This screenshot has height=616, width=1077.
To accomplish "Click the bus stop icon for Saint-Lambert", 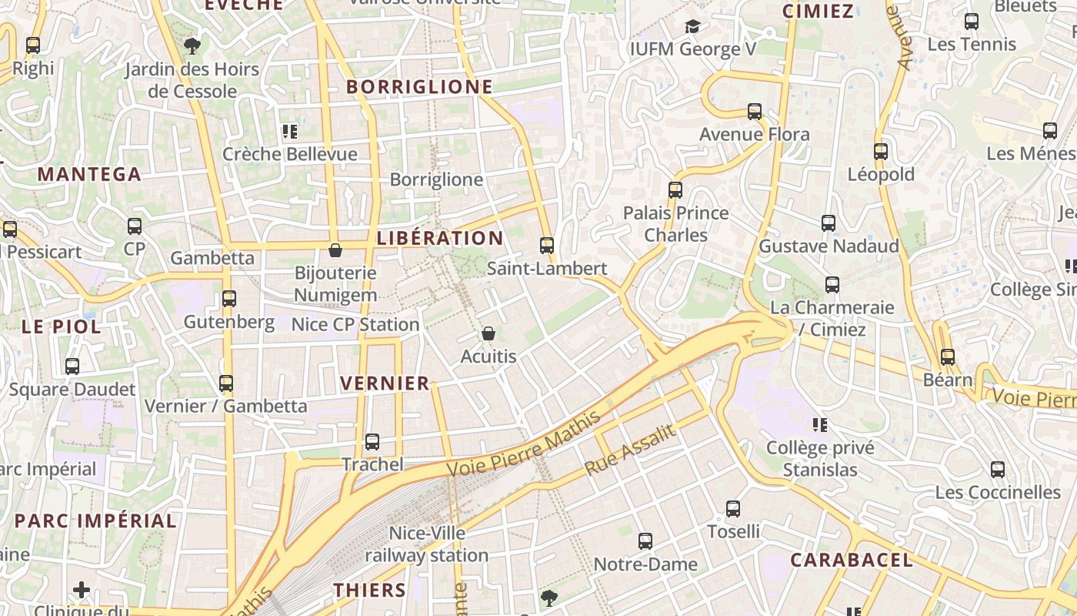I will pos(547,246).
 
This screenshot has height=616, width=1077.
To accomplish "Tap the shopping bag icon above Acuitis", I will pos(488,333).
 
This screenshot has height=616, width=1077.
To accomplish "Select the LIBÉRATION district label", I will pos(440,238).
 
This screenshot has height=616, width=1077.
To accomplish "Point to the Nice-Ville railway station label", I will pos(426,544).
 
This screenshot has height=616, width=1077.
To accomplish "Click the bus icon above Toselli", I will pos(733,508).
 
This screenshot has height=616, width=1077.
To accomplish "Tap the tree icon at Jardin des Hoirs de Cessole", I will pos(192,46).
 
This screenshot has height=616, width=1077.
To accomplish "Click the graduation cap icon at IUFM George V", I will pos(692,27).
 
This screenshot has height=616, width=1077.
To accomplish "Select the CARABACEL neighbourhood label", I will pos(852,560).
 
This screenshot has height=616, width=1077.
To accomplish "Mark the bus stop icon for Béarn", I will pos(947,357).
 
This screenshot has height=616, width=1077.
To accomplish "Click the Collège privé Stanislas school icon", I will pos(820,424).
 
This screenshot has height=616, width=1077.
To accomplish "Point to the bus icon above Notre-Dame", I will pos(645,541).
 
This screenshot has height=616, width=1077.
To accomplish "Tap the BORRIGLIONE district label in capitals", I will pos(419,87).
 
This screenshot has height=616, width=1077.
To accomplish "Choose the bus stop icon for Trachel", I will pos(372,441).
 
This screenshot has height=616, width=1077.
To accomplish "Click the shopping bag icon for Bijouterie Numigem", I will pos(335,250).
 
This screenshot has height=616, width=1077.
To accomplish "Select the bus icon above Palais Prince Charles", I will pos(675,189).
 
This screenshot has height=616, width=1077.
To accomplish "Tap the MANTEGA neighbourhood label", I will pos(89,174).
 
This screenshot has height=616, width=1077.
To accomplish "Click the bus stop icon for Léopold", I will pos(881,152).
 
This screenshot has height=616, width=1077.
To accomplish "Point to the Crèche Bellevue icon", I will pos(290,132).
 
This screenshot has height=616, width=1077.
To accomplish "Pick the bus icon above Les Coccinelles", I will pos(998,469).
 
